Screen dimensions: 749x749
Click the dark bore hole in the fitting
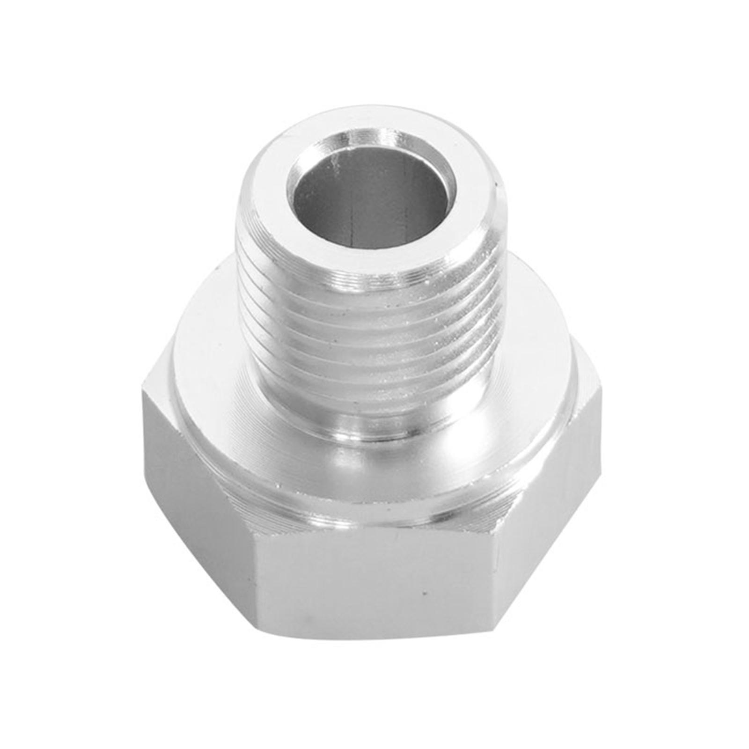click(x=370, y=197)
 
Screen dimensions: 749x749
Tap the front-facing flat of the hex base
click(x=374, y=585)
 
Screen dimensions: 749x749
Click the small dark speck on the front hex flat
click(x=424, y=593)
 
